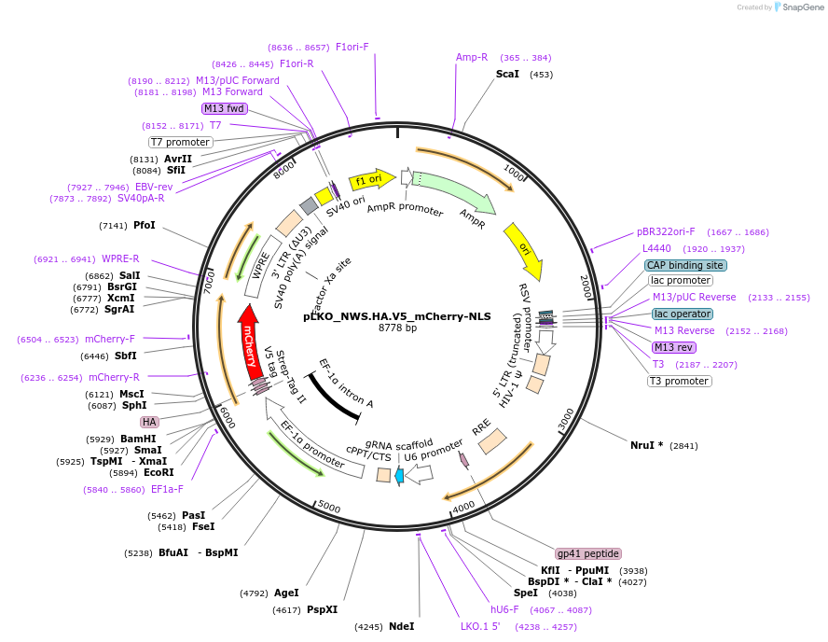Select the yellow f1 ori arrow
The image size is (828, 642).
[366, 179]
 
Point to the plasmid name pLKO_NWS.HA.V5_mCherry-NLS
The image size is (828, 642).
[397, 315]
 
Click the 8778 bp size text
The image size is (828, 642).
[397, 328]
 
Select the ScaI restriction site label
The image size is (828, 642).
[507, 74]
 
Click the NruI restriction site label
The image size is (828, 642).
[646, 445]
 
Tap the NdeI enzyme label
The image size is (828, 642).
[401, 626]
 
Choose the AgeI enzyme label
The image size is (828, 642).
[286, 593]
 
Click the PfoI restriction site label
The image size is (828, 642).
[145, 226]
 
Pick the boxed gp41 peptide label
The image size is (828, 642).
[587, 553]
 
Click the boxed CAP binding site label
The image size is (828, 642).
[685, 265]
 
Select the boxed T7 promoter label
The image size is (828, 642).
[181, 142]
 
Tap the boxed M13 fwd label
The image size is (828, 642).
[224, 108]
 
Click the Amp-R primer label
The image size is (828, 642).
[472, 58]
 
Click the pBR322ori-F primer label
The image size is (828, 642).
[666, 231]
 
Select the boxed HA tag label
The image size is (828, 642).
[149, 422]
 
